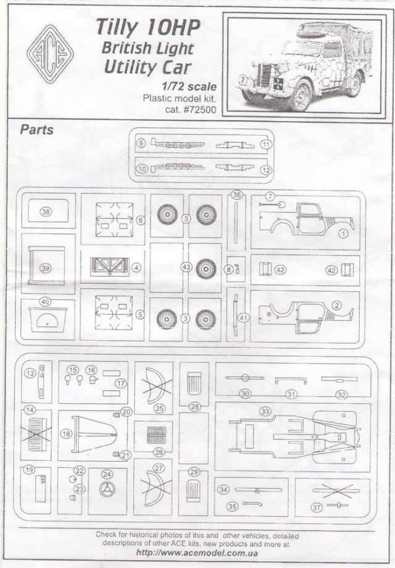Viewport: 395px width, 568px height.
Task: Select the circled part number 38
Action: (x=46, y=211)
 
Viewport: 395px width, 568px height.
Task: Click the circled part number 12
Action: (x=266, y=169)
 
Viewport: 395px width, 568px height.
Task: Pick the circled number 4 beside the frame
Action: (x=135, y=267)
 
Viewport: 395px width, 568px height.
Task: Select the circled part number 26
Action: (x=159, y=453)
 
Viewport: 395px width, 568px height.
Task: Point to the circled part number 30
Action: (x=246, y=393)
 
